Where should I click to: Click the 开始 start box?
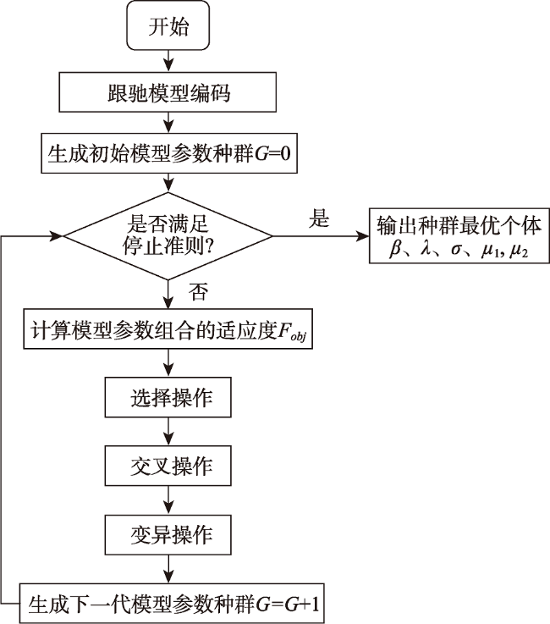pos(168,25)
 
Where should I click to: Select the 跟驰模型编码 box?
pos(168,92)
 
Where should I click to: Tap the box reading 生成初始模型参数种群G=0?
pos(169,153)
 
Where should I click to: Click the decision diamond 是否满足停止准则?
pos(168,236)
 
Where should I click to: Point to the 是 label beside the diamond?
pos(319,218)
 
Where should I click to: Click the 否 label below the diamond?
pos(198,292)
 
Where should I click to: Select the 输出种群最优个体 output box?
pos(459,235)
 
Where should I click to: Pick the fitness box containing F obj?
pos(168,329)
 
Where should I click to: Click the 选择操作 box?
pos(168,397)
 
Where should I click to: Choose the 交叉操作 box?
pos(168,466)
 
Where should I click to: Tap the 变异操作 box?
pos(168,534)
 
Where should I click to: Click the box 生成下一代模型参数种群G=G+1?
pos(172,604)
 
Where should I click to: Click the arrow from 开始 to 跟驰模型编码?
pos(168,61)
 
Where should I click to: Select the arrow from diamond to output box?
pos(321,236)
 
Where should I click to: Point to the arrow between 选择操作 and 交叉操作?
pos(168,432)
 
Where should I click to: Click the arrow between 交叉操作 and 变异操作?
pos(168,500)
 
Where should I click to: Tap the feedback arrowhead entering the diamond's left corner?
pos(58,235)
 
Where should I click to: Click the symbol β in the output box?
pos(395,250)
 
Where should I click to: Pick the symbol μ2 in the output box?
pos(519,251)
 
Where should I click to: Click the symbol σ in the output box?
pos(457,251)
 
